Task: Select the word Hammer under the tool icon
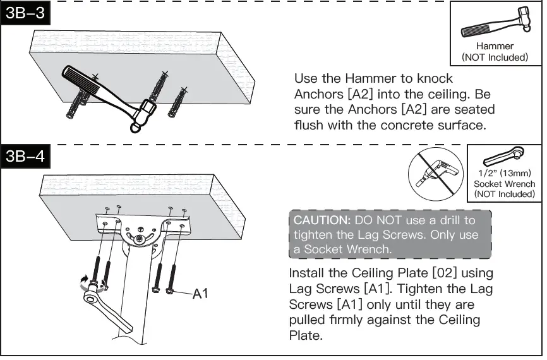pos(495,46)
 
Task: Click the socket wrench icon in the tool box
pos(503,157)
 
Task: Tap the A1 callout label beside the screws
pos(201,294)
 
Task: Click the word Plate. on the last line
pos(305,335)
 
